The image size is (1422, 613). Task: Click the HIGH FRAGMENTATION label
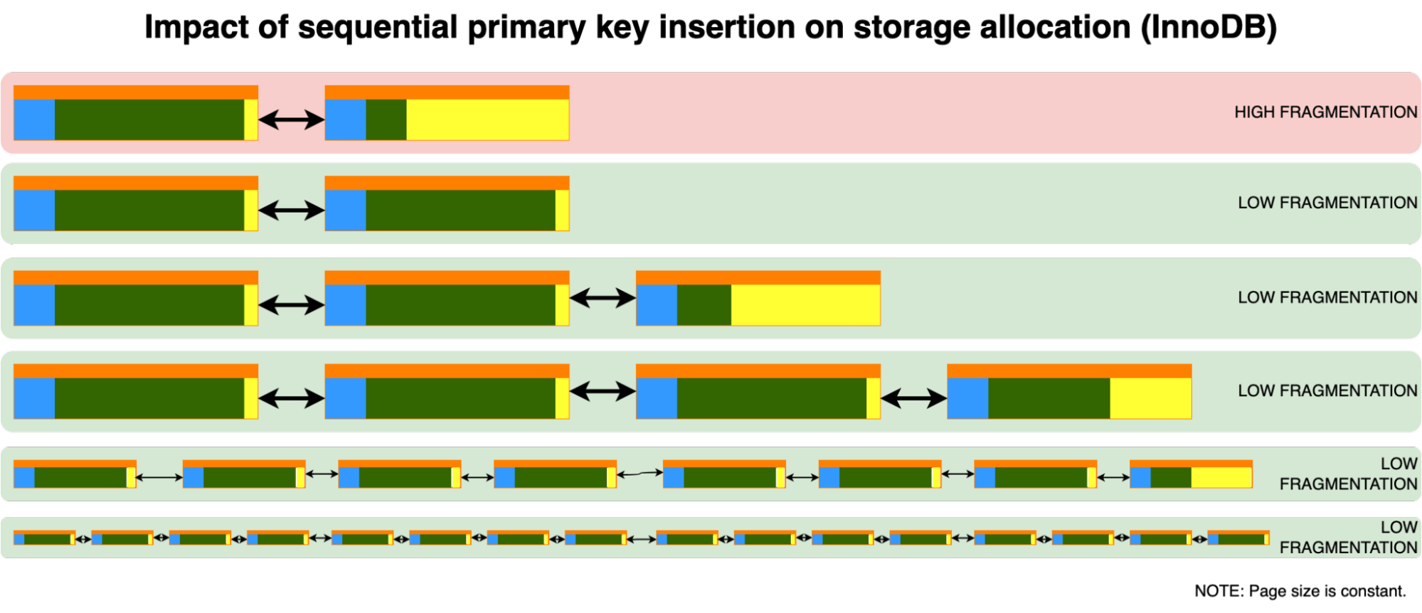tap(1325, 112)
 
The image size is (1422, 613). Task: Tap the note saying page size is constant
tap(1300, 591)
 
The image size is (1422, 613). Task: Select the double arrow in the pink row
tap(291, 119)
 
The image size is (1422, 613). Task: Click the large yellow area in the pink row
tap(487, 119)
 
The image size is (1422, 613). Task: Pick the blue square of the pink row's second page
tap(346, 119)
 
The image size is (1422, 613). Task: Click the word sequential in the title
tap(377, 28)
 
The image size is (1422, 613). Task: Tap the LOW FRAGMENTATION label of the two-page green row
tap(1327, 203)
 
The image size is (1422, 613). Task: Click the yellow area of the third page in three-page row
tap(805, 305)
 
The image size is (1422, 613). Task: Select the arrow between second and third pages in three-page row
tap(603, 298)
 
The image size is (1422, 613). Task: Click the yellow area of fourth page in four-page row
tap(1150, 398)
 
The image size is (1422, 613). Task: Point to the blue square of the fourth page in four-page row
tap(967, 398)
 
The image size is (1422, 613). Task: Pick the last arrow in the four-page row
tap(913, 399)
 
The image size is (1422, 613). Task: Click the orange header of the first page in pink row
tap(136, 92)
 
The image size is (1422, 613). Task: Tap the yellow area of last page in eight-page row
tap(1221, 477)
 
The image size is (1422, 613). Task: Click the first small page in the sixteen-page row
tap(44, 538)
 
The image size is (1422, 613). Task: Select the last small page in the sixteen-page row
tap(1238, 538)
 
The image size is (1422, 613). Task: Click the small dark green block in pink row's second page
tap(386, 119)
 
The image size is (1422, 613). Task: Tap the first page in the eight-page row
tap(75, 474)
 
